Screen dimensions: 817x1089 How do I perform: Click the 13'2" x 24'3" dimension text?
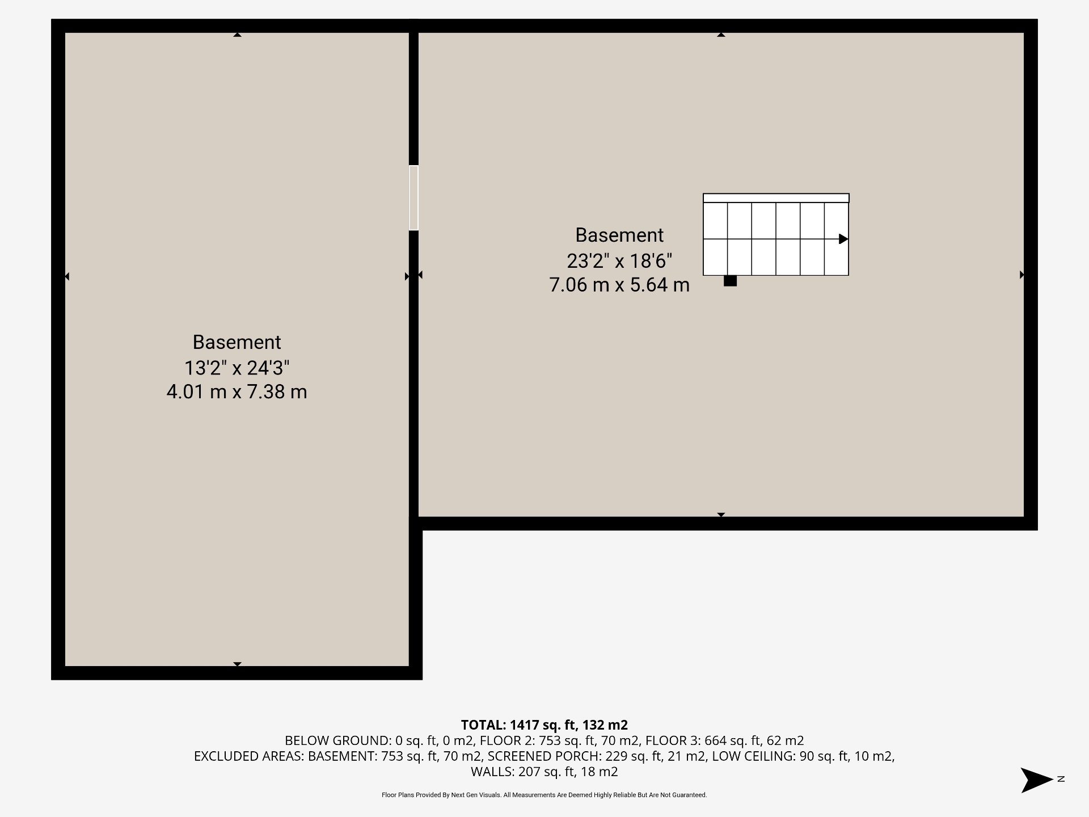click(237, 368)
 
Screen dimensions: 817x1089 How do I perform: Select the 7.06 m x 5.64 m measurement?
click(619, 284)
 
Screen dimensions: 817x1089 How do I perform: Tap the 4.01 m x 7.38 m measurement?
click(237, 391)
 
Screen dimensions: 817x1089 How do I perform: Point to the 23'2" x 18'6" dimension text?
click(619, 260)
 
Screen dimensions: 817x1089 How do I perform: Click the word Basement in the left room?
click(237, 342)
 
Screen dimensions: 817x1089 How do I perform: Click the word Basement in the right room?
click(619, 235)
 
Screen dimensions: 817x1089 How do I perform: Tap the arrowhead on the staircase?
click(843, 239)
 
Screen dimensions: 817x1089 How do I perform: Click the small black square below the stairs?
click(730, 281)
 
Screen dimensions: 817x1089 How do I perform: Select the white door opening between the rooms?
click(413, 197)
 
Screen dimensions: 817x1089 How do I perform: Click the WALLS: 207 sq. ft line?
click(544, 772)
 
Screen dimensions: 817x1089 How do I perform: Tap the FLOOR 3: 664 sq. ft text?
click(724, 740)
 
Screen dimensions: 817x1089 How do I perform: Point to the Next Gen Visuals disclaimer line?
click(544, 795)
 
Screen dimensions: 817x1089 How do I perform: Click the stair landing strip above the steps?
click(776, 198)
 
